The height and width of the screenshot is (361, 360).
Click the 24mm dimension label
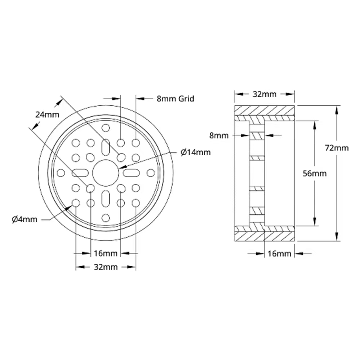click(x=47, y=115)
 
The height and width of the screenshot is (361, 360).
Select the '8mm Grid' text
click(x=175, y=98)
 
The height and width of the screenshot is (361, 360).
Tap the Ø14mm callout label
click(x=196, y=152)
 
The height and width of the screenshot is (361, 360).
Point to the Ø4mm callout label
click(x=25, y=219)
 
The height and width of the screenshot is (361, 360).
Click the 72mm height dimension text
click(x=337, y=148)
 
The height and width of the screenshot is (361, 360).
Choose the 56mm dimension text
click(x=315, y=173)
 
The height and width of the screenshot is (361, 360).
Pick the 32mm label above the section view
click(x=264, y=94)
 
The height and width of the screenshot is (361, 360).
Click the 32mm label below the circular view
click(x=106, y=267)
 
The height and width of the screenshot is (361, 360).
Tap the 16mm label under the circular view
click(x=106, y=253)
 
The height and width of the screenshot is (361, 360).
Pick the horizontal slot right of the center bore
click(x=132, y=173)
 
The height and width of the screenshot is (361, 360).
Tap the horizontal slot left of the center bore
click(x=80, y=173)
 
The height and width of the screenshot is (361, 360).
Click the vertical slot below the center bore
click(x=106, y=199)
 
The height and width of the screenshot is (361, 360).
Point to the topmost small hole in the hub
click(x=106, y=128)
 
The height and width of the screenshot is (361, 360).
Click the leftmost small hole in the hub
click(x=61, y=173)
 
